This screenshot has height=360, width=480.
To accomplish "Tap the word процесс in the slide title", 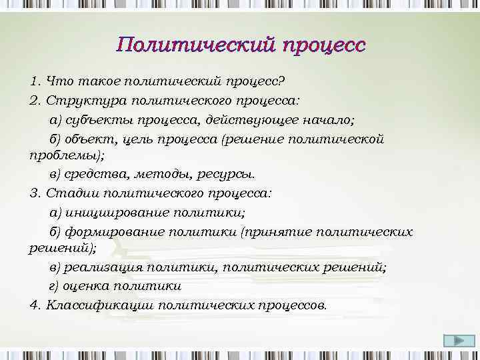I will coord(323,45).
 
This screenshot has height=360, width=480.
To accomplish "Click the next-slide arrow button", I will coord(455,341).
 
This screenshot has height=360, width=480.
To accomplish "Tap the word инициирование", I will coord(116,213).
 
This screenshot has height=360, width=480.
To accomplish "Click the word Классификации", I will coord(100,305).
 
